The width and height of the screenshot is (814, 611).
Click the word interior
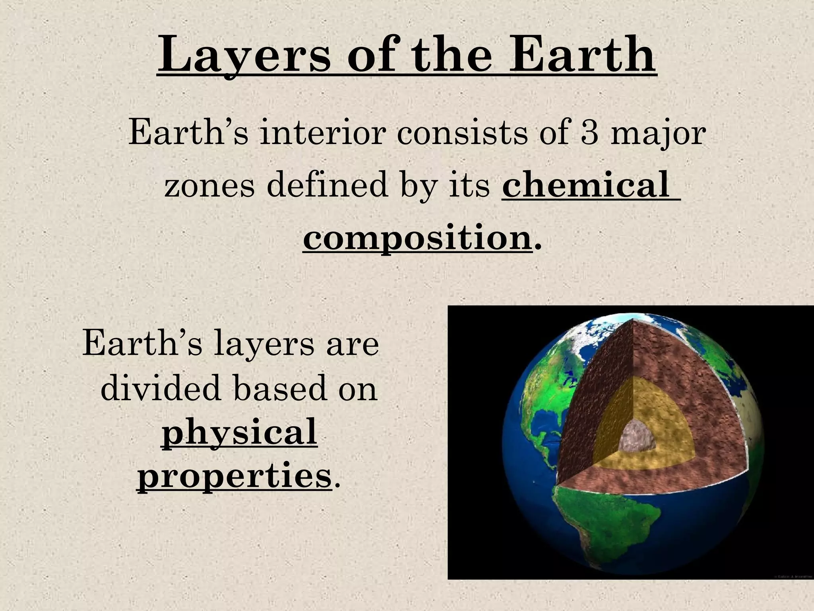click(x=322, y=133)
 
